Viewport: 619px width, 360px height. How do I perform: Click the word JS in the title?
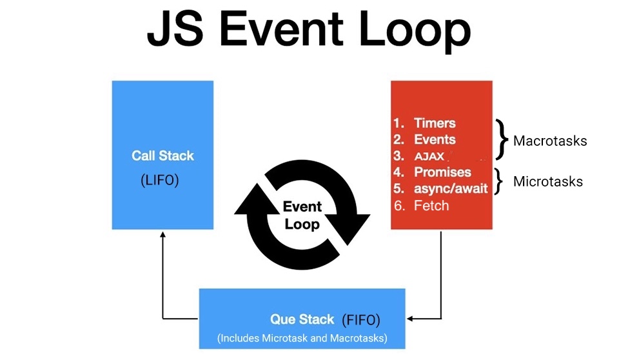pyautogui.click(x=173, y=30)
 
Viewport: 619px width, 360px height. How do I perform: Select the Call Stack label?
pyautogui.click(x=162, y=155)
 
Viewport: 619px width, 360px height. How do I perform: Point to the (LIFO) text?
pyautogui.click(x=159, y=181)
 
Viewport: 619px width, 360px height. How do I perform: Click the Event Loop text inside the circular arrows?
pyautogui.click(x=302, y=215)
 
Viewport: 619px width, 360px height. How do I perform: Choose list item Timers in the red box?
pyautogui.click(x=435, y=123)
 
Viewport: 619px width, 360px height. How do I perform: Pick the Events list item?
pyautogui.click(x=435, y=139)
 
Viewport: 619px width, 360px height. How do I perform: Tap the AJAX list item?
pyautogui.click(x=429, y=156)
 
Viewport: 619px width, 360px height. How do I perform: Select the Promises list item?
pyautogui.click(x=442, y=172)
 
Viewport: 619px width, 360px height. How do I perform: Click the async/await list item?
pyautogui.click(x=451, y=189)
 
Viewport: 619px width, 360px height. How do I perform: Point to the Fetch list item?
pyautogui.click(x=431, y=206)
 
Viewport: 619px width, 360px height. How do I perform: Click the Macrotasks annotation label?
pyautogui.click(x=550, y=141)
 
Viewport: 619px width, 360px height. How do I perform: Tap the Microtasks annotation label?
pyautogui.click(x=547, y=182)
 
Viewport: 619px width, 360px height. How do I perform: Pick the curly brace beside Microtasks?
pyautogui.click(x=498, y=181)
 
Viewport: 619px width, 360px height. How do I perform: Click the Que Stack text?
pyautogui.click(x=302, y=319)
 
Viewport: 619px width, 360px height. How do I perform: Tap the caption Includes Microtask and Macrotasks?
pyautogui.click(x=302, y=338)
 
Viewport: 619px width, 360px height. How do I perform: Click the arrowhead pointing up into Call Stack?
pyautogui.click(x=162, y=235)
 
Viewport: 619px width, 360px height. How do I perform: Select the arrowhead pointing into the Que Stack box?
pyautogui.click(x=411, y=318)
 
